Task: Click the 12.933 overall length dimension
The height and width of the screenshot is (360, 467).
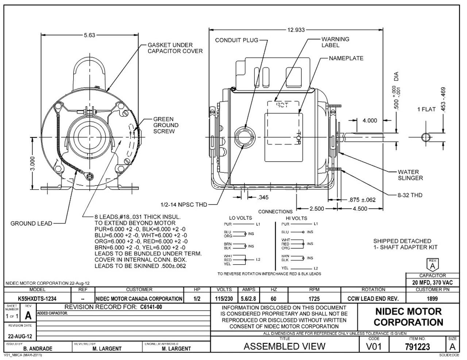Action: pyautogui.click(x=296, y=30)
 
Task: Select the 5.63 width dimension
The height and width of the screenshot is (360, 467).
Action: pyautogui.click(x=89, y=35)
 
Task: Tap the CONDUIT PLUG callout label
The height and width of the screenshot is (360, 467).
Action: pyautogui.click(x=236, y=40)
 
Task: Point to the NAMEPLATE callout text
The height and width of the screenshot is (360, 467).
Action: pyautogui.click(x=346, y=58)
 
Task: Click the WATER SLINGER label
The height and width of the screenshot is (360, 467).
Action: pyautogui.click(x=410, y=175)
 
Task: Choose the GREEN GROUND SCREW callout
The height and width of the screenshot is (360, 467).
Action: pyautogui.click(x=166, y=125)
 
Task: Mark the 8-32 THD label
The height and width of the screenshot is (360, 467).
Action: pyautogui.click(x=410, y=195)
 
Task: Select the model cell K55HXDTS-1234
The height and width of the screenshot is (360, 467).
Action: pyautogui.click(x=37, y=299)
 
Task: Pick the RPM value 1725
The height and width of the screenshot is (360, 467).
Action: pyautogui.click(x=314, y=299)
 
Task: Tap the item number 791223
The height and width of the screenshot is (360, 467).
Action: pyautogui.click(x=418, y=346)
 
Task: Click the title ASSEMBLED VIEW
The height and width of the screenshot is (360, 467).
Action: pyautogui.click(x=284, y=346)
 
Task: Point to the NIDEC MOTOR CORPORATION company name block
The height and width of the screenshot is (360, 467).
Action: pyautogui.click(x=408, y=317)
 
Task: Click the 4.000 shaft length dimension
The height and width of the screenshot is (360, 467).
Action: pyautogui.click(x=370, y=120)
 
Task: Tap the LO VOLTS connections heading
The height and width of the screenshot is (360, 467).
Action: pyautogui.click(x=240, y=218)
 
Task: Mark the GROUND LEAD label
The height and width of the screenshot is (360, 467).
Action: pyautogui.click(x=31, y=223)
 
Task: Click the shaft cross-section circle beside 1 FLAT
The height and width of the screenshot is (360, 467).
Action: pyautogui.click(x=425, y=137)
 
